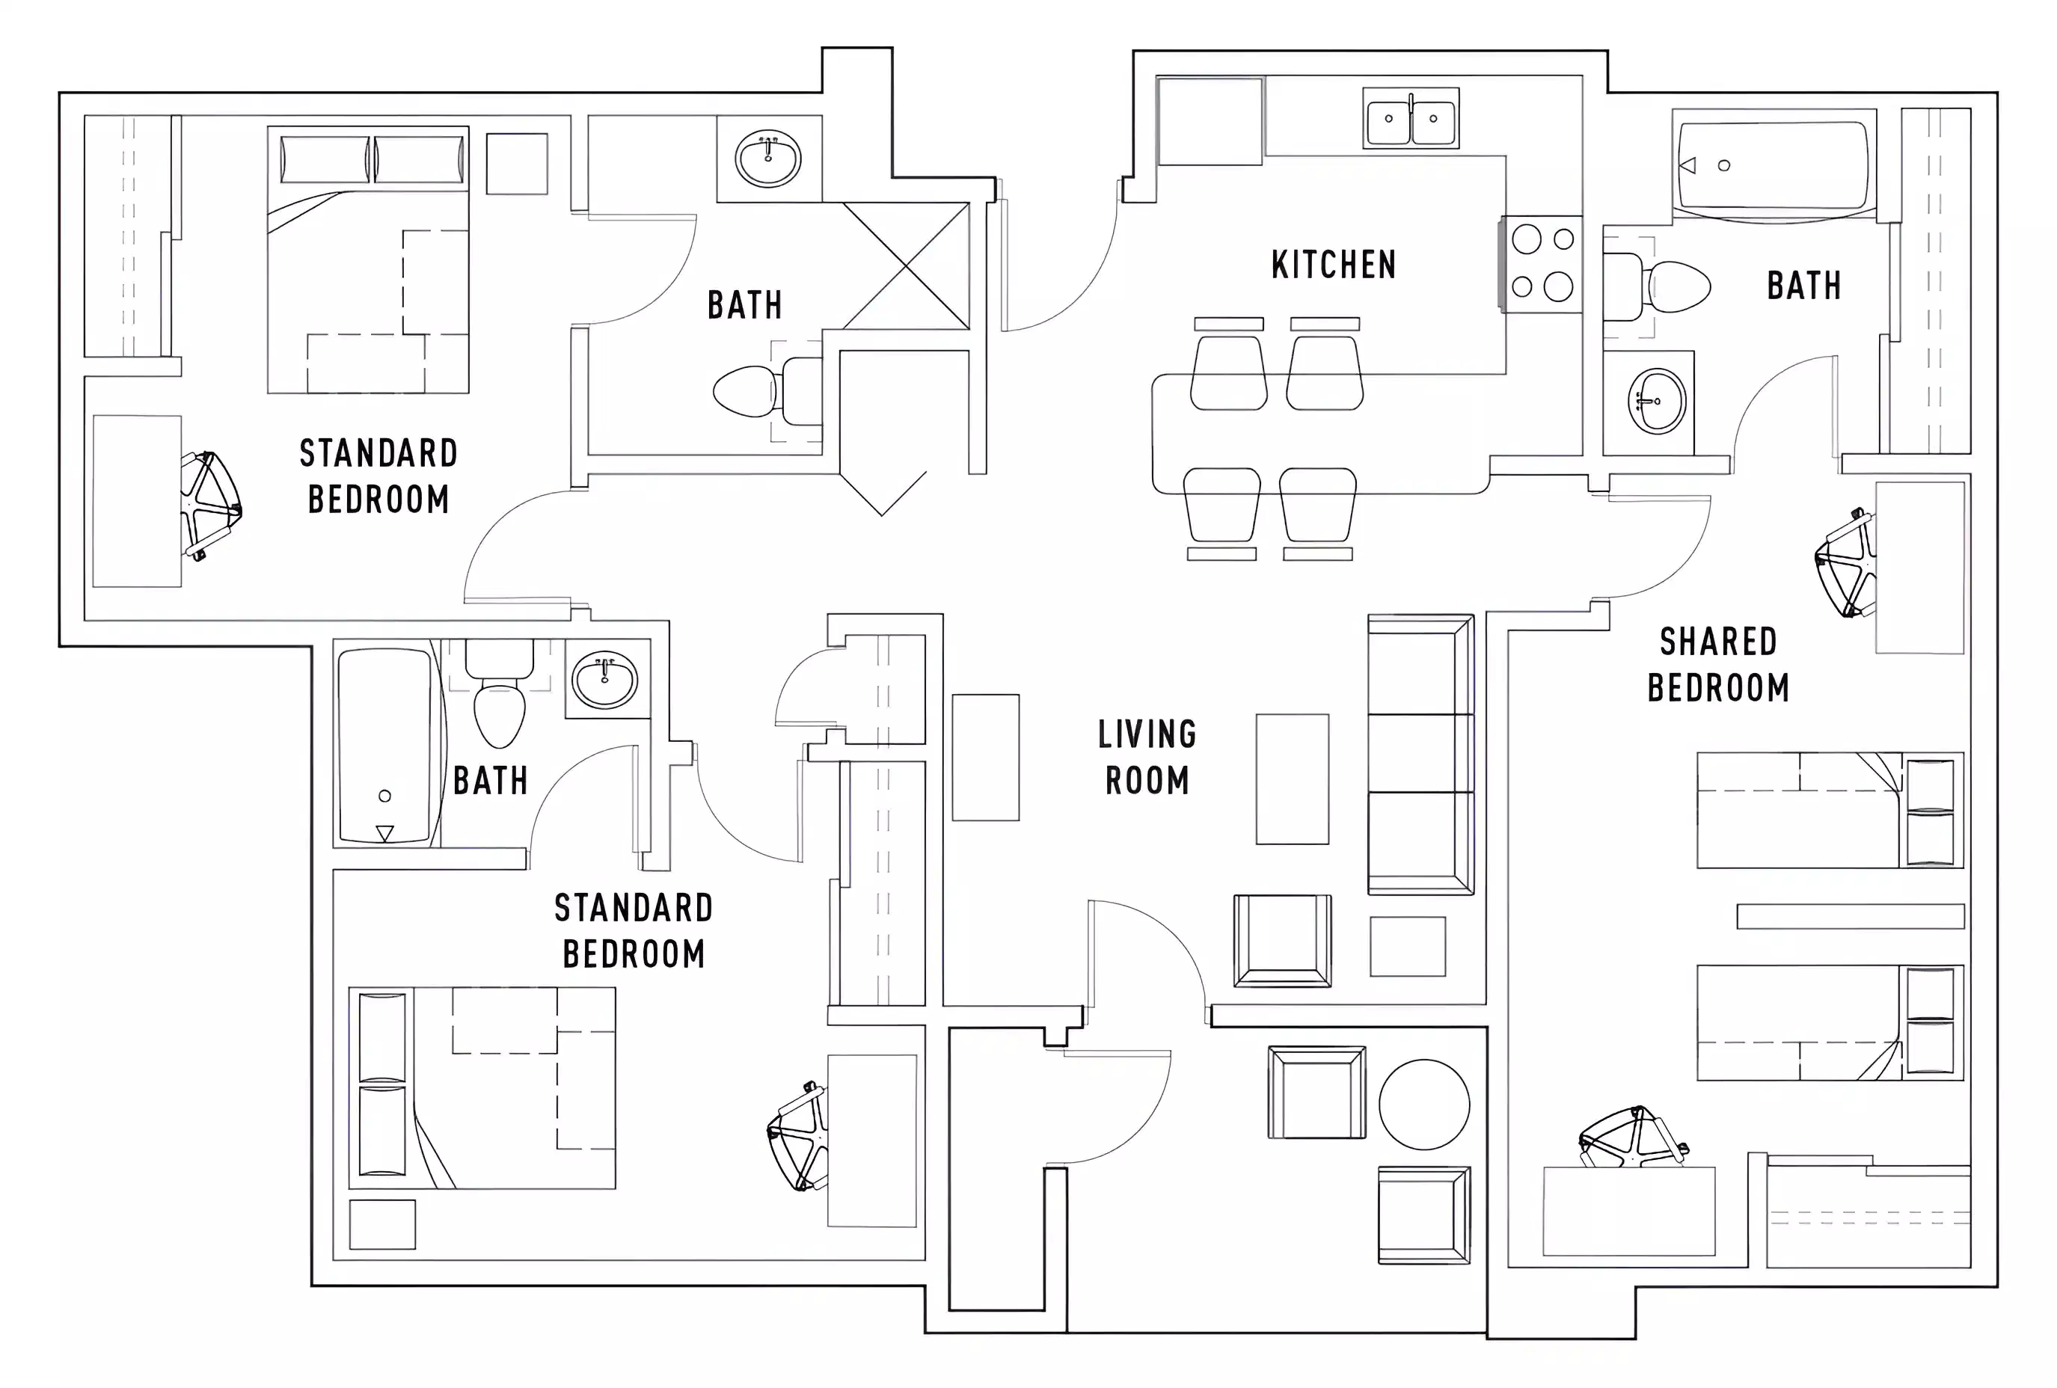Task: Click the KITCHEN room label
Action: point(1333,265)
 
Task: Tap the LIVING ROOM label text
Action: point(1147,758)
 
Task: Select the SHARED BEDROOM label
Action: point(1718,665)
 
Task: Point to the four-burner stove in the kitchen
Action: point(1542,263)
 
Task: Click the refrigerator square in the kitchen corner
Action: point(1210,121)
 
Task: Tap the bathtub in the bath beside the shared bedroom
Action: point(1773,165)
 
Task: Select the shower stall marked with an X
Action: point(907,265)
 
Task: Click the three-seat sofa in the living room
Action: point(1420,754)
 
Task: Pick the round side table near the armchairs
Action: point(1423,1105)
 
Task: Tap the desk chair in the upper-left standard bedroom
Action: point(211,506)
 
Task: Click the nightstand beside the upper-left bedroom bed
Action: point(517,164)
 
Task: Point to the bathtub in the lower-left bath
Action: point(385,746)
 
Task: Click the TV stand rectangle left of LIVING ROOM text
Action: point(985,757)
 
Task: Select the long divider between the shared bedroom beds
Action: point(1850,916)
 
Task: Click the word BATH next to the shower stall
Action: point(744,305)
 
